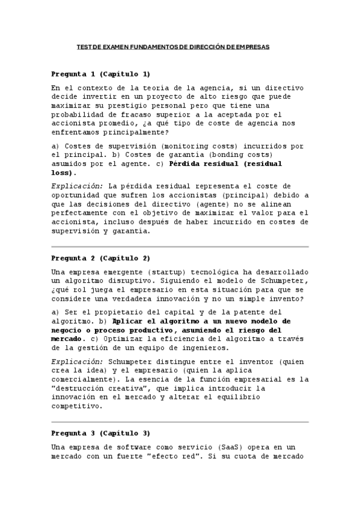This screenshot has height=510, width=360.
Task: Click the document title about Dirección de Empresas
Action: (x=174, y=46)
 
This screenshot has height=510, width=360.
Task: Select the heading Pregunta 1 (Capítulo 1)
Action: (x=100, y=74)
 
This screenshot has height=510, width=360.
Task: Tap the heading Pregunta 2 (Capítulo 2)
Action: (x=100, y=258)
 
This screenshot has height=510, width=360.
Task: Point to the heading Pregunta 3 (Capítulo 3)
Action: (x=100, y=433)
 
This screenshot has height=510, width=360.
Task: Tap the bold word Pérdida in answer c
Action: (x=186, y=164)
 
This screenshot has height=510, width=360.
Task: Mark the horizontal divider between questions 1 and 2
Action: (x=180, y=247)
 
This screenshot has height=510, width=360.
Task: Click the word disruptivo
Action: (x=143, y=281)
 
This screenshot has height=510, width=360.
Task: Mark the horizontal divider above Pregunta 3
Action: (x=180, y=422)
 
